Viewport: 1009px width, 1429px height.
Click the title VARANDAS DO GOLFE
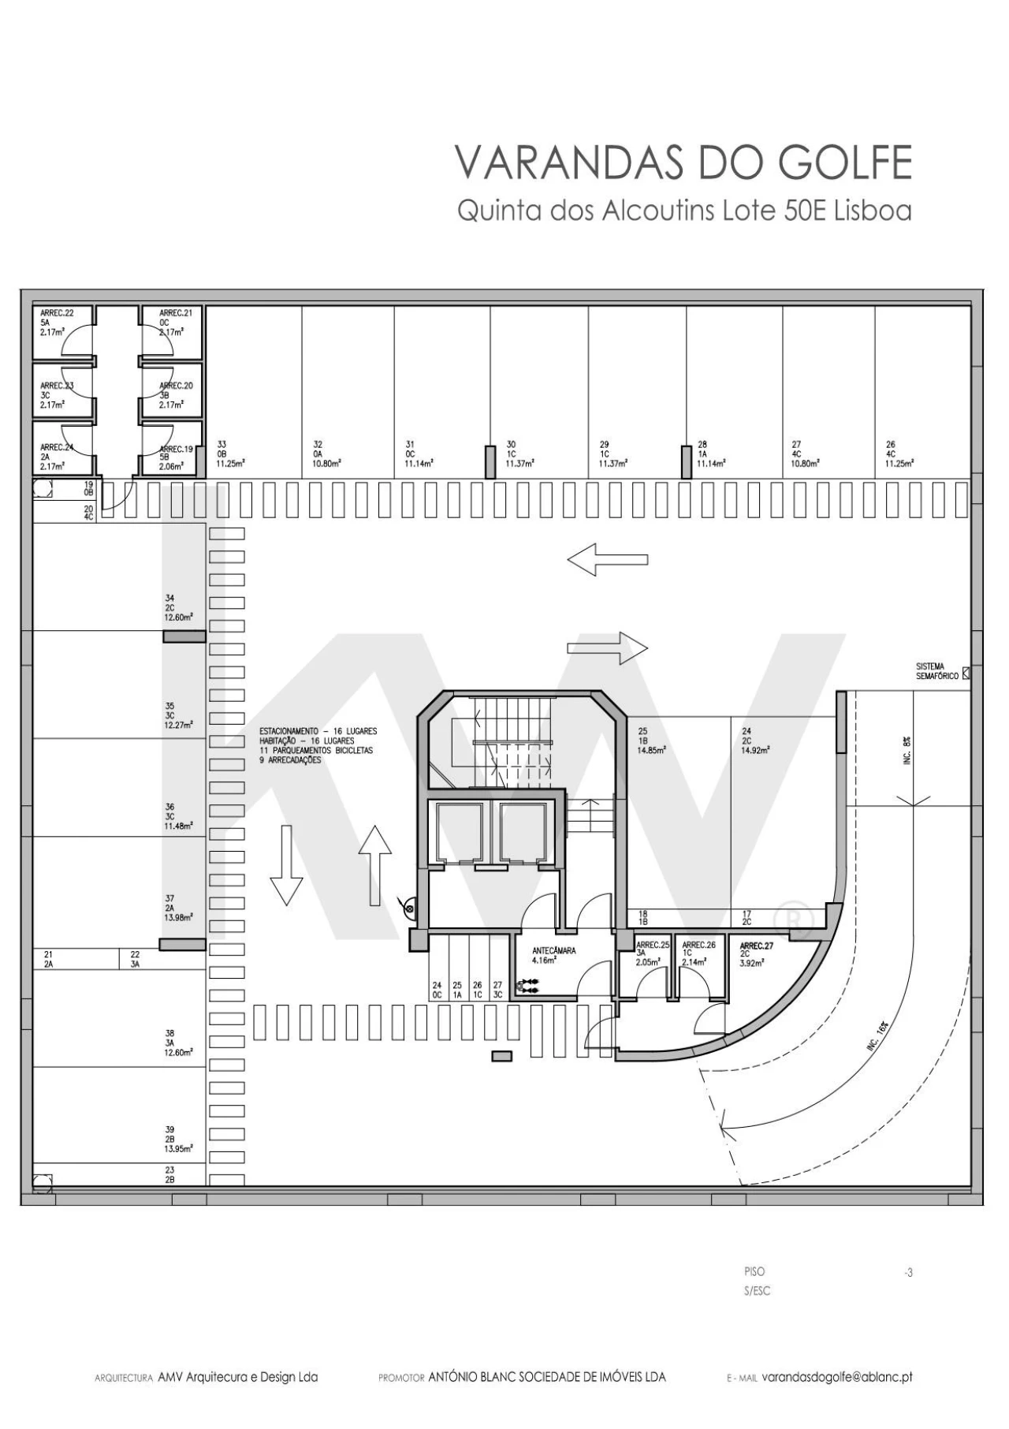point(683,163)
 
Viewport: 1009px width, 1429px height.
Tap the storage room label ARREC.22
point(57,313)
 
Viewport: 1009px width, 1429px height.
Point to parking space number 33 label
point(222,445)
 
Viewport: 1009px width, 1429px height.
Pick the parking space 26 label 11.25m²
point(900,454)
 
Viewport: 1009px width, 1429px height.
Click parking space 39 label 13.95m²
point(178,1139)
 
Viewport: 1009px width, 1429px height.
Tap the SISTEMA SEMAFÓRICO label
point(936,671)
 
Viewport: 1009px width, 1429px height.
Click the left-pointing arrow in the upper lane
point(607,560)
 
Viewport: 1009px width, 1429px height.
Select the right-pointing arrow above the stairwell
point(607,648)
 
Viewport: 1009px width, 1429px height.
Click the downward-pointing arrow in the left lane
point(286,864)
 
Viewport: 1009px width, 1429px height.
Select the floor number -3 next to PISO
point(909,1272)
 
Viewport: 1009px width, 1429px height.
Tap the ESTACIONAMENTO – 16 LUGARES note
point(318,732)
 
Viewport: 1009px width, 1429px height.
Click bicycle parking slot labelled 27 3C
point(497,990)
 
